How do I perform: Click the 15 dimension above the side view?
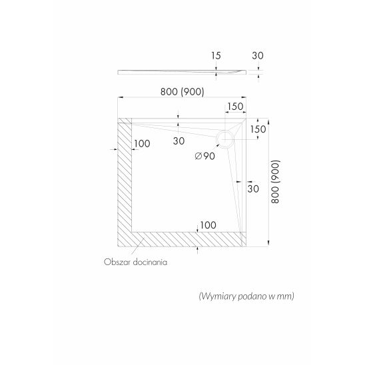point(216,56)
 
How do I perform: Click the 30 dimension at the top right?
point(258,56)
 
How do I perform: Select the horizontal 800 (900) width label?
point(182,92)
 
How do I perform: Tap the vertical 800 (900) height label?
point(275,182)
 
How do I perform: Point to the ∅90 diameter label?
point(205,156)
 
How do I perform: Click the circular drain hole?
point(224,139)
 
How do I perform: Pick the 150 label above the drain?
point(235,107)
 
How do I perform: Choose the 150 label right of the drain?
point(258,129)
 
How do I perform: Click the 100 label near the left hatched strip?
point(142,144)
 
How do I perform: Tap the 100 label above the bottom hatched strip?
point(208,225)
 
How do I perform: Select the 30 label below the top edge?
point(179,141)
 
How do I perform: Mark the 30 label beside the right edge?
point(253,188)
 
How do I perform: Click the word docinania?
point(150,262)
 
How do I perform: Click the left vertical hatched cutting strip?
point(125,182)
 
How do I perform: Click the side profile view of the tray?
point(182,72)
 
